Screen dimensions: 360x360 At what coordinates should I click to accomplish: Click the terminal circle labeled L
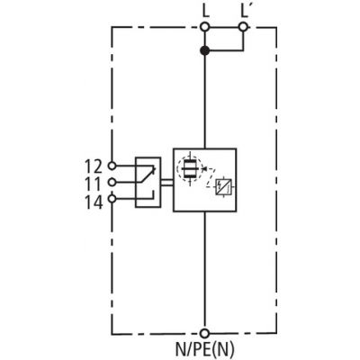(x=204, y=27)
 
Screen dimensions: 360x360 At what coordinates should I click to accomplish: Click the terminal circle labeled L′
(x=244, y=27)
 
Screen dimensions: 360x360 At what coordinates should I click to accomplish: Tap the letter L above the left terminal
(x=205, y=12)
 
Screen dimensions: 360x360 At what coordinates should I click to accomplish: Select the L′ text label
(x=245, y=12)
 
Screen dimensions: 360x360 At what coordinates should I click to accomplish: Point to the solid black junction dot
(x=204, y=50)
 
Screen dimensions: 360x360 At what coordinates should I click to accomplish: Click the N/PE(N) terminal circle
(x=204, y=333)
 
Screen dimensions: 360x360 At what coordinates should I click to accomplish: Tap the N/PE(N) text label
(x=204, y=350)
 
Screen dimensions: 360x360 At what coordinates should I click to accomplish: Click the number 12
(x=94, y=166)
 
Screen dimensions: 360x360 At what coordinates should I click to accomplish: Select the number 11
(x=94, y=184)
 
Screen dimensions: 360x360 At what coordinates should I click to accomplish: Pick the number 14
(x=94, y=202)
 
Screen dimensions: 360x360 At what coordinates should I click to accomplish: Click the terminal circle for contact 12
(x=112, y=166)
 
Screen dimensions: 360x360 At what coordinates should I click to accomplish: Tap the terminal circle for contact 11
(x=112, y=182)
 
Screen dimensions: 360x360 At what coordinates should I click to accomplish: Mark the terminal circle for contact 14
(x=112, y=198)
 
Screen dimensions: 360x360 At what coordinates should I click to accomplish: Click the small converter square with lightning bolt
(x=224, y=187)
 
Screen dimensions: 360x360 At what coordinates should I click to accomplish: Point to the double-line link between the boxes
(x=167, y=183)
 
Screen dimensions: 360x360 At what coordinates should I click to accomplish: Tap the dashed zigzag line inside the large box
(x=210, y=177)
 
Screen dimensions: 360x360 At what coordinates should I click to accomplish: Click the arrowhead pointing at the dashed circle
(x=203, y=168)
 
